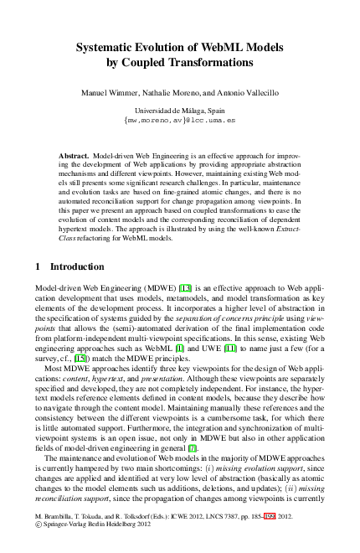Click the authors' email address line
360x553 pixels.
point(180,120)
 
